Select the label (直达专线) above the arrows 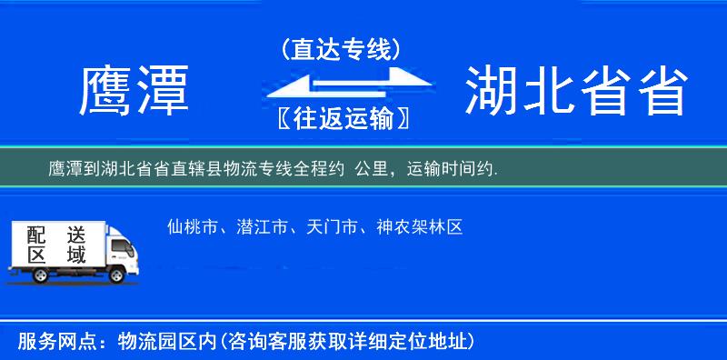(341, 50)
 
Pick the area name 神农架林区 (419, 226)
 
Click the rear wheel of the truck (31, 274)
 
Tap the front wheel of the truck (117, 274)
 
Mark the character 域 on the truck (75, 255)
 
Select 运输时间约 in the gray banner (448, 168)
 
